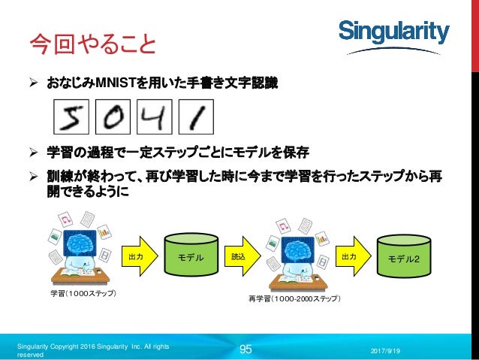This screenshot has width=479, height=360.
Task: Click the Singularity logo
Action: (393, 32)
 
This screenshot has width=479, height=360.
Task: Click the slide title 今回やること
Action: (92, 43)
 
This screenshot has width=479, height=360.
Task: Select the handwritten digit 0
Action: (114, 116)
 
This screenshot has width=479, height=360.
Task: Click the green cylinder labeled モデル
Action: (191, 258)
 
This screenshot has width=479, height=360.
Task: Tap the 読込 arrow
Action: (242, 257)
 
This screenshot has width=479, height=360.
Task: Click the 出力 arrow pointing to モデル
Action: (138, 257)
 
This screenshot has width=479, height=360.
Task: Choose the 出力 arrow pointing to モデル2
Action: (351, 257)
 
